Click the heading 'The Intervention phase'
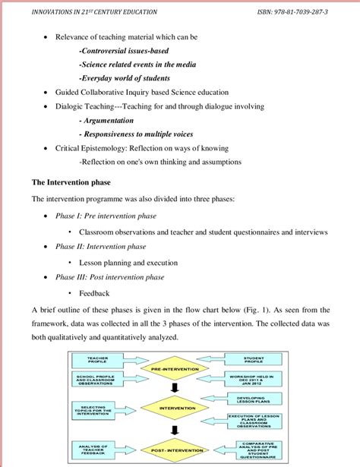pyautogui.click(x=70, y=183)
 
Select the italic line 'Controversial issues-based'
pyautogui.click(x=123, y=50)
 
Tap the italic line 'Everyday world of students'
pyautogui.click(x=125, y=77)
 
